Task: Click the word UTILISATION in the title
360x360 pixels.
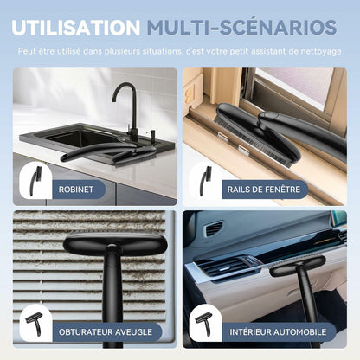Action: [x=76, y=28]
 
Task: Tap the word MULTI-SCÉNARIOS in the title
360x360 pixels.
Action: [x=241, y=27]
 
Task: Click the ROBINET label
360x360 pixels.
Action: [x=76, y=190]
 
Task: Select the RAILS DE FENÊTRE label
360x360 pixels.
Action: [x=264, y=190]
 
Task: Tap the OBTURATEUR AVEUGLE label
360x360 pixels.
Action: [x=106, y=332]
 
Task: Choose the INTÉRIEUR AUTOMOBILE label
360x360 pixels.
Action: [x=278, y=331]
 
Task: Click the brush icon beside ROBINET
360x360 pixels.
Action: [x=35, y=181]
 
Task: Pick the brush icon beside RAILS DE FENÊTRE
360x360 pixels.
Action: [x=206, y=181]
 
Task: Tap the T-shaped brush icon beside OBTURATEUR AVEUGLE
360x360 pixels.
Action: [x=34, y=325]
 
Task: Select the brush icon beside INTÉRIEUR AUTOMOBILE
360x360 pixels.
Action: [x=204, y=325]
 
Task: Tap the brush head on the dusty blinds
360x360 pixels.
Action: [x=115, y=243]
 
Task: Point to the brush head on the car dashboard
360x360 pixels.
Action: [x=297, y=266]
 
